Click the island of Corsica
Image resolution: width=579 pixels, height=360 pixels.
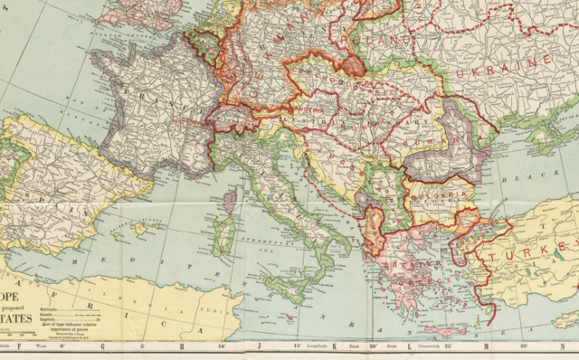coord(229,201)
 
